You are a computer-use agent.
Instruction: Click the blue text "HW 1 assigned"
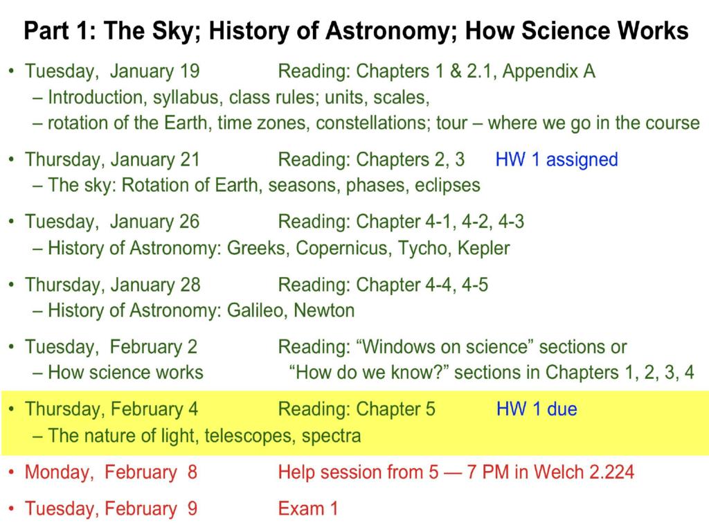pyautogui.click(x=557, y=160)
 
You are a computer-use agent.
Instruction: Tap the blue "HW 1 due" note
pyautogui.click(x=537, y=409)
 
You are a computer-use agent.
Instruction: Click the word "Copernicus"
pyautogui.click(x=343, y=249)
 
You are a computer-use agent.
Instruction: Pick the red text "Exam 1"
pyautogui.click(x=308, y=508)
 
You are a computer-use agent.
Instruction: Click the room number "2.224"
pyautogui.click(x=611, y=472)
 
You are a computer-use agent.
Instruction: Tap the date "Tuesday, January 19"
pyautogui.click(x=112, y=71)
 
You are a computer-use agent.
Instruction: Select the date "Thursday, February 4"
pyautogui.click(x=111, y=409)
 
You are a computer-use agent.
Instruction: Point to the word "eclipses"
pyautogui.click(x=447, y=186)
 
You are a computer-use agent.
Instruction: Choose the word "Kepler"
pyautogui.click(x=483, y=249)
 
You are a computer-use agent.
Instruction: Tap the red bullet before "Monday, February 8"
pyautogui.click(x=11, y=472)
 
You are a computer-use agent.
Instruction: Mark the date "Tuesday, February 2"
pyautogui.click(x=111, y=347)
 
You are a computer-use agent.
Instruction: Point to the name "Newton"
pyautogui.click(x=324, y=310)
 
